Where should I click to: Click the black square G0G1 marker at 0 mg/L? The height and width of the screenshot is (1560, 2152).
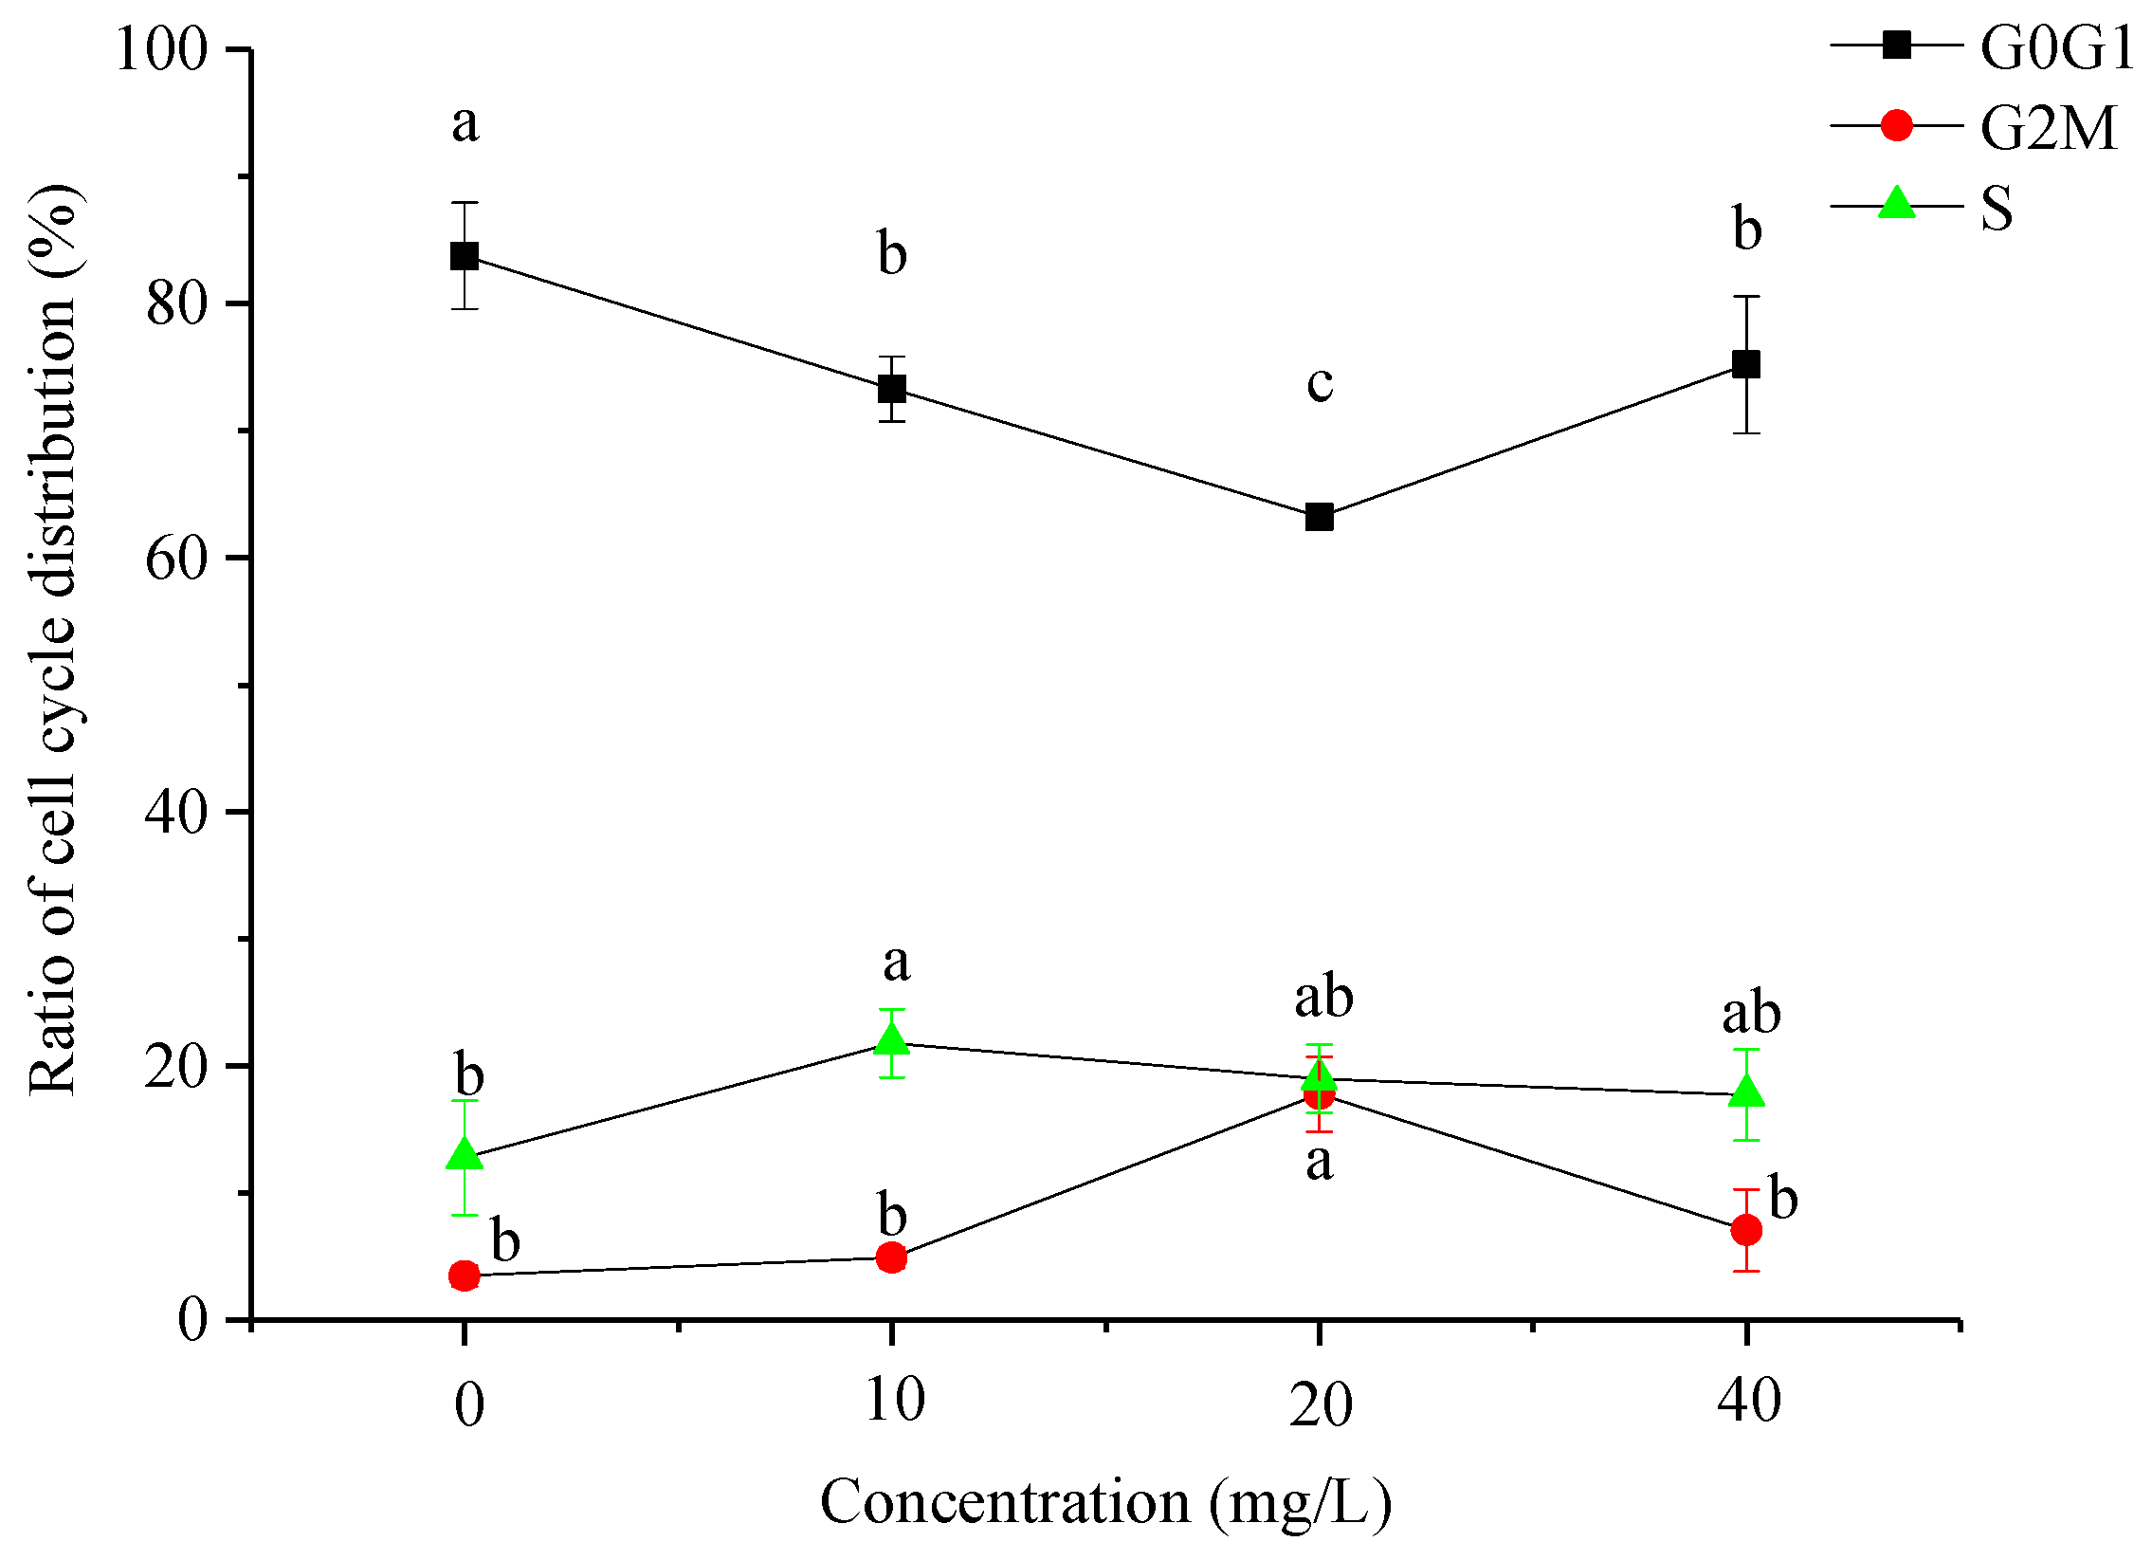point(464,256)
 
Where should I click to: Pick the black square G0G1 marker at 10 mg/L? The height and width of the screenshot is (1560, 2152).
point(892,389)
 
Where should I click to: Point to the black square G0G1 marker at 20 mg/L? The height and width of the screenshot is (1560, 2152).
point(1320,518)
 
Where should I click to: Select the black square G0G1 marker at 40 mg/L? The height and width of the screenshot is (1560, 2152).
point(1747,364)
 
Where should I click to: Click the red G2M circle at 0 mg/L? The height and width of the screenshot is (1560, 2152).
point(464,1276)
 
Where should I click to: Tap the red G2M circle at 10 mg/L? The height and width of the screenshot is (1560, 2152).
point(892,1258)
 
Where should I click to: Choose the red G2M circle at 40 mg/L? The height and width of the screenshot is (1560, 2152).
point(1747,1231)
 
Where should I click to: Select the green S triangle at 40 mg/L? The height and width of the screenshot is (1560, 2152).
point(1747,1092)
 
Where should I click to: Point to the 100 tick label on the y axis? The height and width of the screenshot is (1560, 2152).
point(160,49)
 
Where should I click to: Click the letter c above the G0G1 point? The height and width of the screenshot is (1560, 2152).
point(1320,383)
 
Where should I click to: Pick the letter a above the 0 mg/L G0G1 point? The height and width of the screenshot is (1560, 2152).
point(465,124)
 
